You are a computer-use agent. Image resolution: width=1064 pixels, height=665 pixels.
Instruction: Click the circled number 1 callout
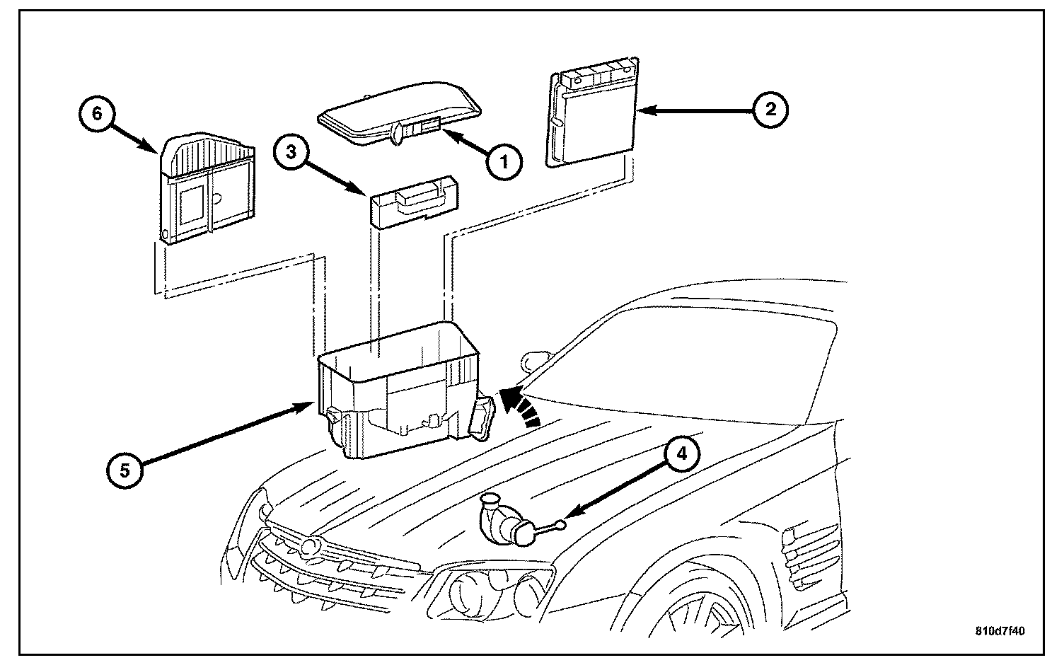pos(504,161)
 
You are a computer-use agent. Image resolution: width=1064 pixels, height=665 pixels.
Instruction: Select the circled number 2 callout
pos(770,110)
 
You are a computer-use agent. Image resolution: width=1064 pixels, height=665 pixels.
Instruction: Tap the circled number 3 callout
pos(291,153)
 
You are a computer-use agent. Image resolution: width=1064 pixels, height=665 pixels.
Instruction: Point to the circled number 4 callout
pos(682,454)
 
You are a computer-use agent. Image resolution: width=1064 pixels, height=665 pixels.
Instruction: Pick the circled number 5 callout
pos(125,470)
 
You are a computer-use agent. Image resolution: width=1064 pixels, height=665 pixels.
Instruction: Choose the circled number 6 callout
pos(97,113)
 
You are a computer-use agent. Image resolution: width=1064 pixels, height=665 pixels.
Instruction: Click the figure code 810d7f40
pos(1000,631)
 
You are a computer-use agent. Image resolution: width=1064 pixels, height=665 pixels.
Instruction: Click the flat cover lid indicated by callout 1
pos(400,116)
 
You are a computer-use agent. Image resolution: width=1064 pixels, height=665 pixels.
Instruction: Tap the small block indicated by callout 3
pos(415,202)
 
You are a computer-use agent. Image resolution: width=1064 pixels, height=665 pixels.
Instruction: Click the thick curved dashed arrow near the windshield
pos(519,407)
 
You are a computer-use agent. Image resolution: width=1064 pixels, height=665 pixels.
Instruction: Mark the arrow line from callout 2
pos(695,110)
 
